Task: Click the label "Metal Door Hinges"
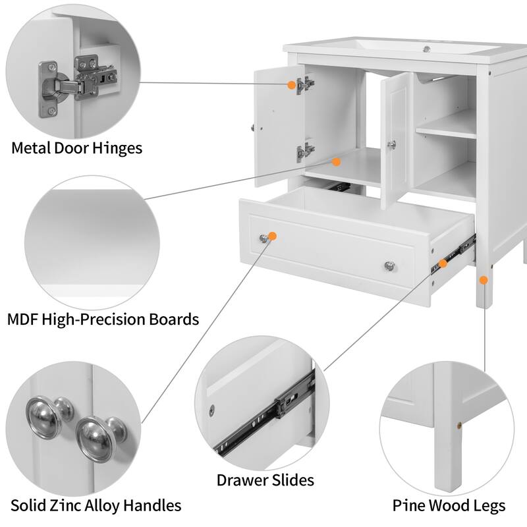(x=76, y=148)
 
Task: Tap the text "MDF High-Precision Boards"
(x=103, y=319)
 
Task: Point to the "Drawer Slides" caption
(x=265, y=480)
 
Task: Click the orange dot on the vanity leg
(x=484, y=280)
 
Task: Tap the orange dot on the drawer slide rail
(x=443, y=263)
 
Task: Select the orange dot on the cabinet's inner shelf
(x=336, y=161)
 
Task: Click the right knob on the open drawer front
(x=390, y=265)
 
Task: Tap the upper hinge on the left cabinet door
(x=304, y=84)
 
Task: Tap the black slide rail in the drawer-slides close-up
(x=263, y=422)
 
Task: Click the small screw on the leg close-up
(x=455, y=426)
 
